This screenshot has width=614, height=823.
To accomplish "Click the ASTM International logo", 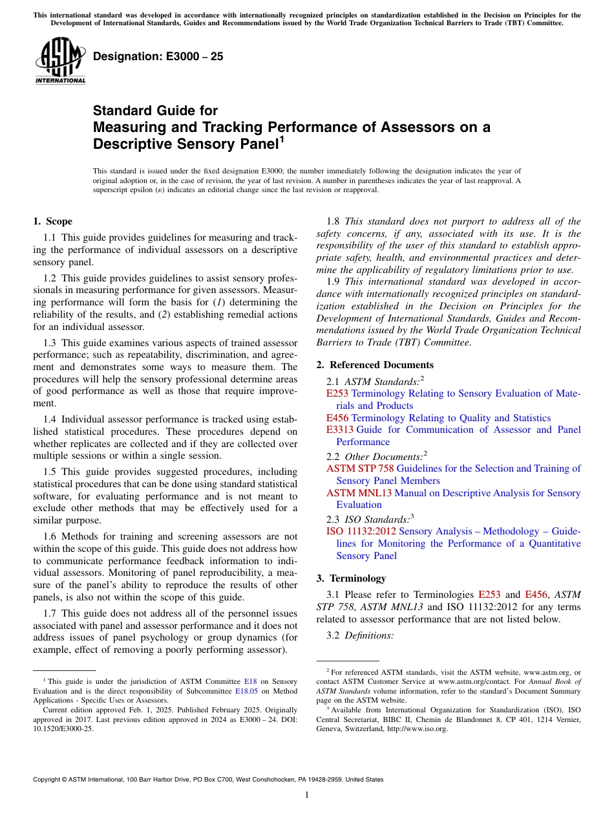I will pyautogui.click(x=60, y=60).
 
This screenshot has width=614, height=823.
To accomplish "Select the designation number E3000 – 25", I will pyautogui.click(x=158, y=56).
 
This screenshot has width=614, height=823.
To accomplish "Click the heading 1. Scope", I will pyautogui.click(x=53, y=221).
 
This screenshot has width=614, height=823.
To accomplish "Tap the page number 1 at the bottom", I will pyautogui.click(x=307, y=795).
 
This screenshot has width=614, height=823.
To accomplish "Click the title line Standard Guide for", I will pyautogui.click(x=156, y=111).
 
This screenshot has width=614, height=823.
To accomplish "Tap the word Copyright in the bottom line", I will pyautogui.click(x=50, y=780).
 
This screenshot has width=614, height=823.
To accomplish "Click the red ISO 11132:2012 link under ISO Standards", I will pyautogui.click(x=361, y=531).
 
